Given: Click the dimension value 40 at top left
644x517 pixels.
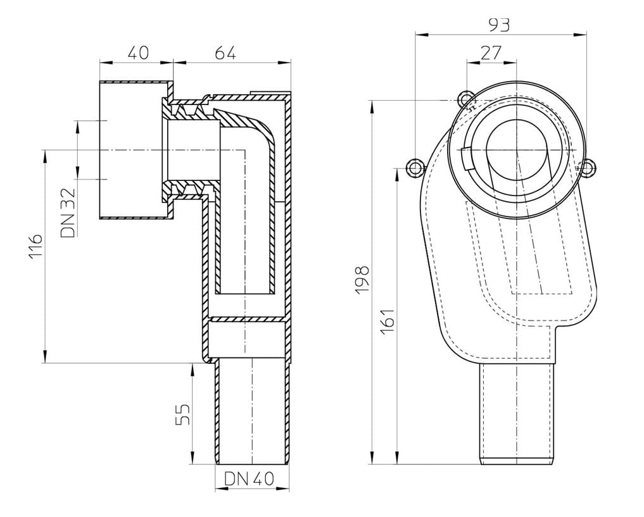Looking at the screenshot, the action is click(138, 53).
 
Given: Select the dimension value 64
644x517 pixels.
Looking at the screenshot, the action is click(225, 53).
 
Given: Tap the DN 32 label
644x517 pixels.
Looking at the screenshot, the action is click(68, 212).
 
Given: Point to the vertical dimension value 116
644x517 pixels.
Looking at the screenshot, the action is click(35, 246).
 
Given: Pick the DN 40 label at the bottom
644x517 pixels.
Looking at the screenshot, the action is click(249, 478).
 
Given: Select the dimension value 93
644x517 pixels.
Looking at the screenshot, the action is click(499, 25).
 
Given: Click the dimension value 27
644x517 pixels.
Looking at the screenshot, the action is click(491, 53).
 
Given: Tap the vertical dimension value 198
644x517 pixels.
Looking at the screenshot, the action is click(362, 280).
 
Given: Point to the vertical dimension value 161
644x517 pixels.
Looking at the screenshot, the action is click(388, 321).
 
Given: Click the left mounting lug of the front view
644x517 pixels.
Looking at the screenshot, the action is click(414, 168).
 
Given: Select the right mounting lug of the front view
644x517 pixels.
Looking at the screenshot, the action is click(588, 168).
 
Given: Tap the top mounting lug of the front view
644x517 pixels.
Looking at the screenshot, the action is click(465, 99).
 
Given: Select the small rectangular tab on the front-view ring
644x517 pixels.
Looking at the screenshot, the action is click(466, 159).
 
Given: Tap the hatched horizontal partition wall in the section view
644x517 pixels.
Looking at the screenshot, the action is click(246, 319).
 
